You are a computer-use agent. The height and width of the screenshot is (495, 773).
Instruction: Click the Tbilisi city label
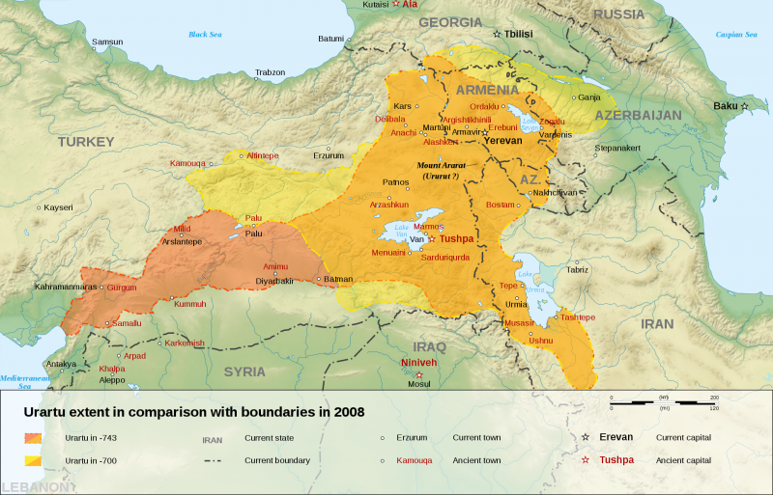(x=518, y=33)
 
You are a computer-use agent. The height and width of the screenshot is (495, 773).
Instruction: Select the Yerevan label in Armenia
(x=502, y=140)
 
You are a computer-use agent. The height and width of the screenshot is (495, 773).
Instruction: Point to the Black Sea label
(x=205, y=35)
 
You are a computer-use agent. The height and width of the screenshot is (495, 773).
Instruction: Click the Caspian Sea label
(x=736, y=35)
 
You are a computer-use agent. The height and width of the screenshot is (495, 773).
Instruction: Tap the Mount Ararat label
(x=442, y=166)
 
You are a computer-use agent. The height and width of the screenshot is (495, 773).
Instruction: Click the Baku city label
(x=724, y=105)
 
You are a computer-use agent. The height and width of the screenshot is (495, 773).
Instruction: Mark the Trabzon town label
(x=271, y=72)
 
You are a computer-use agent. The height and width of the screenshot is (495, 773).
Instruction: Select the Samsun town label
(x=107, y=42)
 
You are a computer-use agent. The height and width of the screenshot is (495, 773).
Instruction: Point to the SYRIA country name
(x=244, y=371)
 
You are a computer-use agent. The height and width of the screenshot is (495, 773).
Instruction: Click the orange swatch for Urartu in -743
(x=38, y=437)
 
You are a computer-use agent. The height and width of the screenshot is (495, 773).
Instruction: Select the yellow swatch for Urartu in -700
(x=38, y=460)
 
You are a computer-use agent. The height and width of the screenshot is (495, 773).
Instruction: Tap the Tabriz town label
(x=577, y=269)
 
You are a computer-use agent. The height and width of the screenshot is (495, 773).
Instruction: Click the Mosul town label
(x=418, y=384)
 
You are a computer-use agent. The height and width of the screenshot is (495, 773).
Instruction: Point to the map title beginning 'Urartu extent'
(x=193, y=411)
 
